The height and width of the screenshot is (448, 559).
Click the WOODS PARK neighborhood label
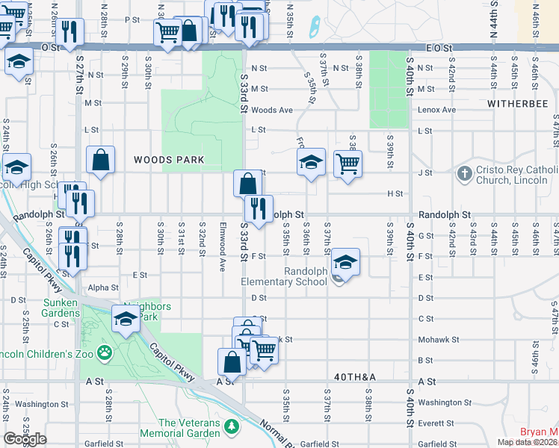(x=169, y=160)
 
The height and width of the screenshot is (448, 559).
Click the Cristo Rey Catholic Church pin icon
(x=465, y=173)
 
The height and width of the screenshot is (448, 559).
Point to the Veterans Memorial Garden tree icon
(x=232, y=426)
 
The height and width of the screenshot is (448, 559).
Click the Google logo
(x=25, y=439)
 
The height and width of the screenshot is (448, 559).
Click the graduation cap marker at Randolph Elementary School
(x=345, y=262)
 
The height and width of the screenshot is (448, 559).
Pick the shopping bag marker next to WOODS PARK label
(x=100, y=159)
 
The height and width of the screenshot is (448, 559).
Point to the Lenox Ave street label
(x=437, y=110)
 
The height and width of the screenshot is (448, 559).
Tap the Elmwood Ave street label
(x=222, y=237)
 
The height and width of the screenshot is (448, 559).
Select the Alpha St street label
(x=103, y=287)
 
